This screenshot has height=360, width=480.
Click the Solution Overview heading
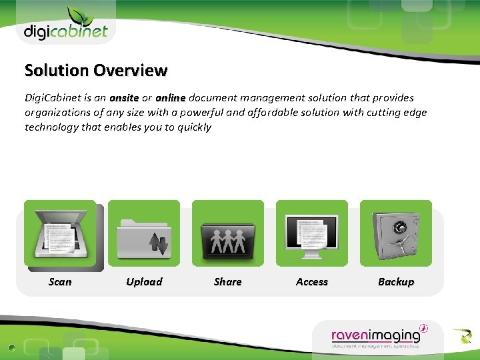(96, 70)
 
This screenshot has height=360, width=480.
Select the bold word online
(170, 98)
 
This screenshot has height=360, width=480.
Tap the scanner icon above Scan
(60, 234)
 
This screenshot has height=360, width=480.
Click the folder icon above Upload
(144, 234)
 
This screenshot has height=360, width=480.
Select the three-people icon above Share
(228, 234)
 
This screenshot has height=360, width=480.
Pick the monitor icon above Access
(312, 234)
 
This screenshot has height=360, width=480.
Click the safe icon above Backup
(396, 234)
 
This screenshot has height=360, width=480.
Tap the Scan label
(60, 282)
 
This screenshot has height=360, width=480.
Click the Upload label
(144, 282)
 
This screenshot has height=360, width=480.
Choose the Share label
(228, 282)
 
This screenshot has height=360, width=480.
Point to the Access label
(312, 282)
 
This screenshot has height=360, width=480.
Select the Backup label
(396, 282)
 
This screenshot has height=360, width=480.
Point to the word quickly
(195, 127)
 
